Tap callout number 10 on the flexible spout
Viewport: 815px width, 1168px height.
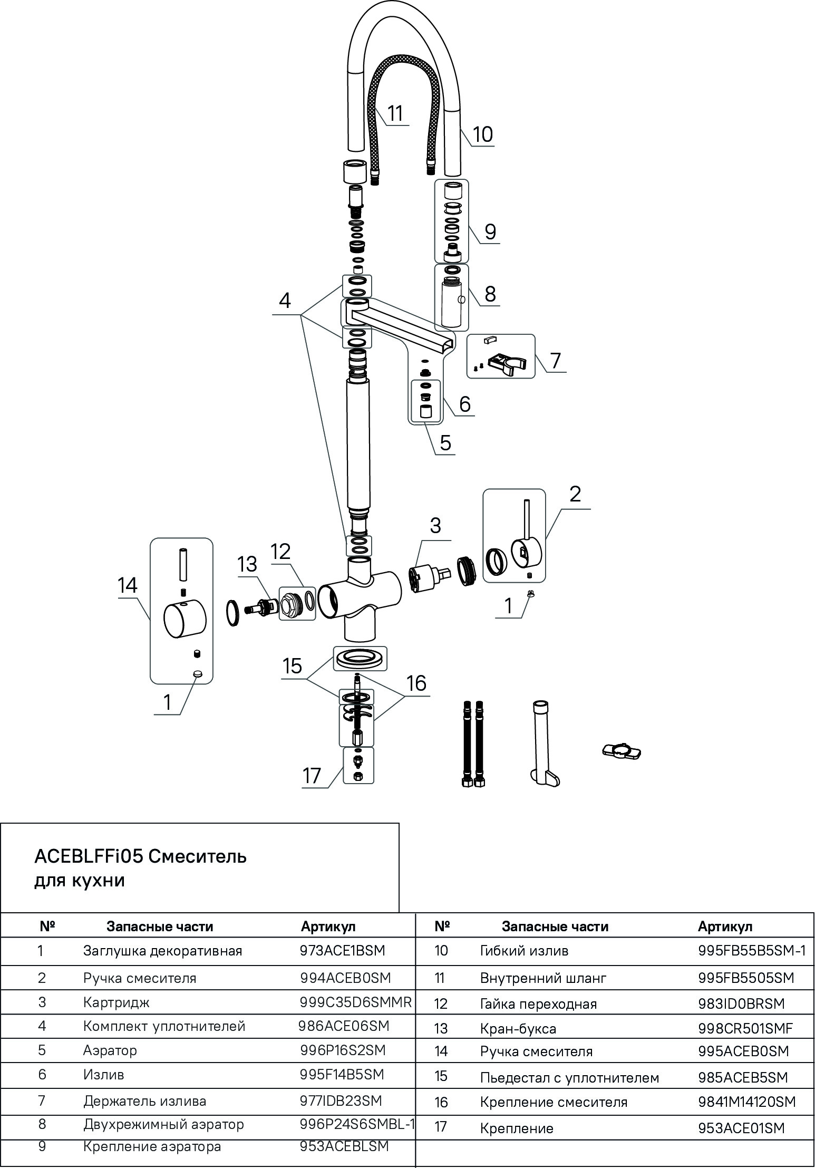tap(482, 134)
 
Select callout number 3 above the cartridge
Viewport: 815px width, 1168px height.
tap(435, 526)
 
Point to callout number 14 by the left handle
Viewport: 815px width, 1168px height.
tap(128, 585)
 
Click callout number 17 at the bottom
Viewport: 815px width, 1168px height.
tap(312, 776)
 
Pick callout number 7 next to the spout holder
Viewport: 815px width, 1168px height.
tap(555, 361)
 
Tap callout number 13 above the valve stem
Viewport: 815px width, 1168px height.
tap(247, 564)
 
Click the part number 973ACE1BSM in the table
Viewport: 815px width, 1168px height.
tap(343, 951)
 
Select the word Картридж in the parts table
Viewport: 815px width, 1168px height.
tap(117, 1002)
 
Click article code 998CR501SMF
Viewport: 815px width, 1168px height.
tap(745, 1028)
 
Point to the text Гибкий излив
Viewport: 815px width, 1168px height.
tap(524, 951)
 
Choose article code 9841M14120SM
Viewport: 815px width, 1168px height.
tap(747, 1102)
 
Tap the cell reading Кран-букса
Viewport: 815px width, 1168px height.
tap(518, 1028)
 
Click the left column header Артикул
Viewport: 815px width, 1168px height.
tap(328, 926)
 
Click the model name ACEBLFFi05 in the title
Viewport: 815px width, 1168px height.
tap(89, 856)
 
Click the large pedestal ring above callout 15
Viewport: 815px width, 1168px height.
tap(360, 659)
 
